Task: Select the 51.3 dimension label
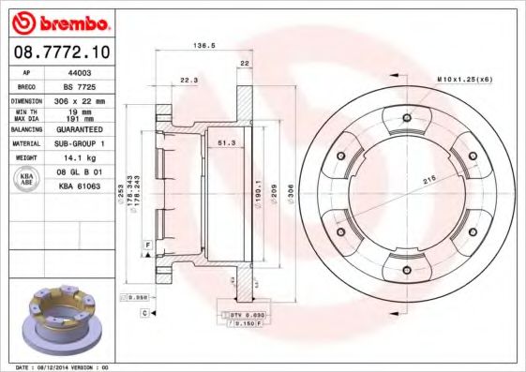pos(225,142)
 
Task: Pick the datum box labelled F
pos(148,245)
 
